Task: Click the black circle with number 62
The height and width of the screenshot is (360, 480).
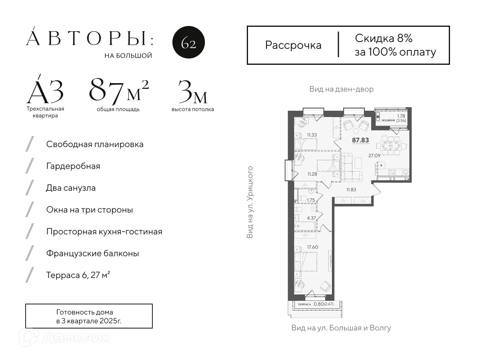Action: tap(188, 43)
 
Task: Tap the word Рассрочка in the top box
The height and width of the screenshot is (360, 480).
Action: tap(293, 45)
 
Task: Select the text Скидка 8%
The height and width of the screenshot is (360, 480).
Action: tap(383, 38)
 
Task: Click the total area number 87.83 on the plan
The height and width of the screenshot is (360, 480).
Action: tap(360, 140)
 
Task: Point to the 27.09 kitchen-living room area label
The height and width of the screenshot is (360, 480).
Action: tap(374, 156)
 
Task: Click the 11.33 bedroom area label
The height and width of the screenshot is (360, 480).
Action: tap(312, 135)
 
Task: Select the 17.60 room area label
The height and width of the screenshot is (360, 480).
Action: tap(312, 247)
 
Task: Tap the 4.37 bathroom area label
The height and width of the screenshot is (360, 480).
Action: tap(312, 218)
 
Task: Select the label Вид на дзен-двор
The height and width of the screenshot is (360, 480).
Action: tap(341, 89)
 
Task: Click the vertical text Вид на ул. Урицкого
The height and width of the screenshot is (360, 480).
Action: tap(250, 202)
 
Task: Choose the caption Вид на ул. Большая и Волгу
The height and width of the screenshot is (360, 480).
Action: tap(341, 328)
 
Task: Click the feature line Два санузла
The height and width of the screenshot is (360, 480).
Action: tap(71, 188)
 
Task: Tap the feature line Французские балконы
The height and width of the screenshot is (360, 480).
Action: tap(92, 254)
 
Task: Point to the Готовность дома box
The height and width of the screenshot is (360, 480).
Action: tap(89, 316)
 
